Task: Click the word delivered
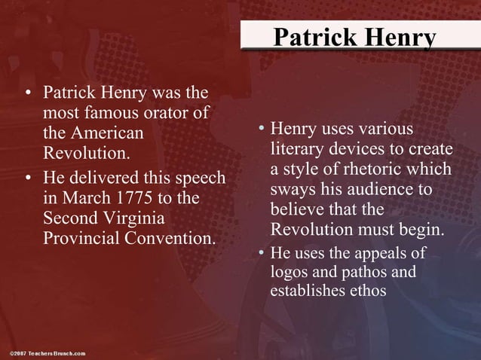click(x=109, y=179)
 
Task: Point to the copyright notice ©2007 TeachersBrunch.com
click(x=48, y=352)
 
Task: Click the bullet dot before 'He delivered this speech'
click(x=28, y=179)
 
